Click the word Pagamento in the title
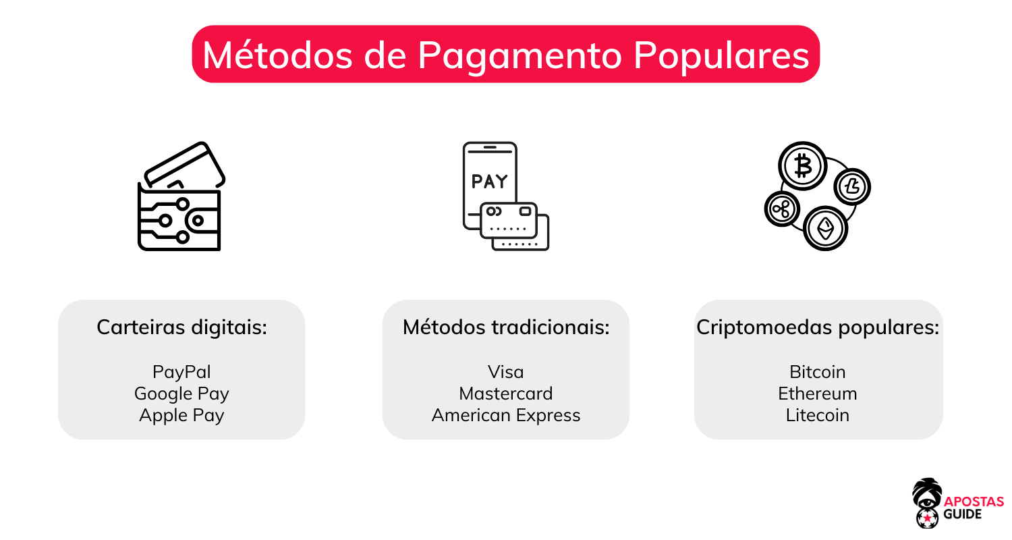pyautogui.click(x=518, y=55)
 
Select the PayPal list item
pyautogui.click(x=181, y=372)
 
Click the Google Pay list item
pyautogui.click(x=181, y=394)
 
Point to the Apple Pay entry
pyautogui.click(x=181, y=415)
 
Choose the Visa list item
pyautogui.click(x=505, y=372)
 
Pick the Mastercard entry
pyautogui.click(x=505, y=394)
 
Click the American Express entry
pyautogui.click(x=505, y=415)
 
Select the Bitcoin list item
pyautogui.click(x=817, y=372)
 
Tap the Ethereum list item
pyautogui.click(x=817, y=394)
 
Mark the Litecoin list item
pyautogui.click(x=817, y=415)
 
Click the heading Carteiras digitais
pyautogui.click(x=181, y=328)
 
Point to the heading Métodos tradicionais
pyautogui.click(x=505, y=328)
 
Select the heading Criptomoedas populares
pyautogui.click(x=818, y=328)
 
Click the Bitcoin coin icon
pyautogui.click(x=803, y=166)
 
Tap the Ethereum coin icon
pyautogui.click(x=825, y=229)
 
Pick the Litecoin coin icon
pyautogui.click(x=852, y=186)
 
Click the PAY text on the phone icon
pyautogui.click(x=489, y=182)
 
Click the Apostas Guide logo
pyautogui.click(x=957, y=503)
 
